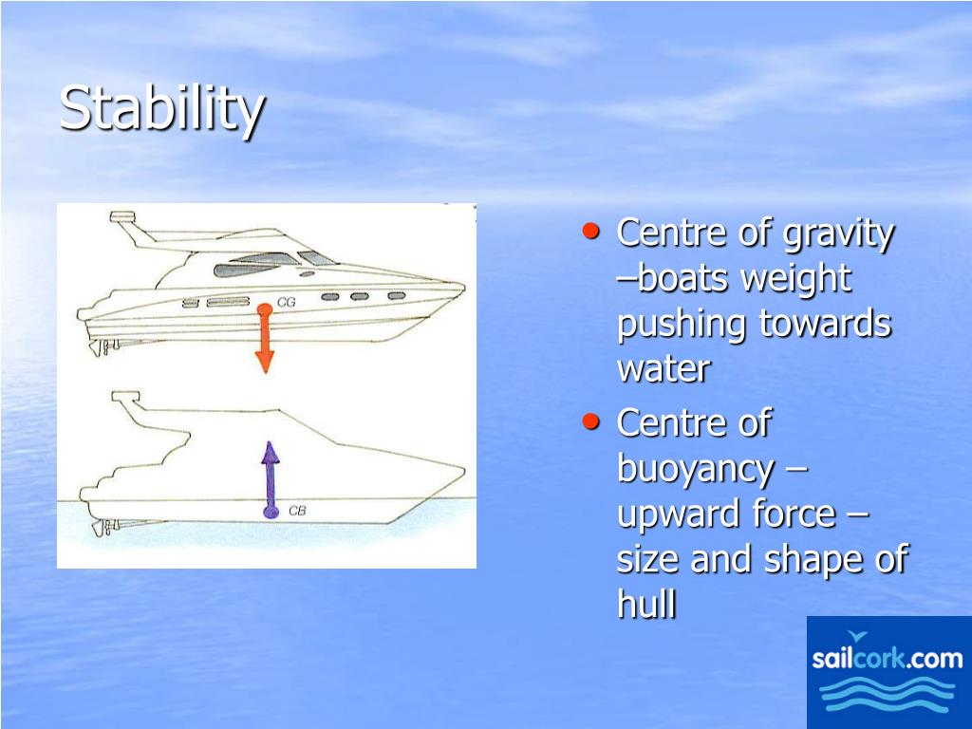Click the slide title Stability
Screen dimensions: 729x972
coord(161,109)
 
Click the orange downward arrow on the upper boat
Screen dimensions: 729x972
coord(265,342)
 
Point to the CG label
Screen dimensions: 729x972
coord(287,303)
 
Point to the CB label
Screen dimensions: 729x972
coord(296,512)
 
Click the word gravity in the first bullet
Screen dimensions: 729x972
coord(838,234)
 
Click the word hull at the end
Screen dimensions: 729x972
coord(646,605)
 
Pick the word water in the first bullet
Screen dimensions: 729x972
coord(663,369)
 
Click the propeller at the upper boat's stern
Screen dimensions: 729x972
coord(99,346)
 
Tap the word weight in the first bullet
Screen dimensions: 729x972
coord(795,280)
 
